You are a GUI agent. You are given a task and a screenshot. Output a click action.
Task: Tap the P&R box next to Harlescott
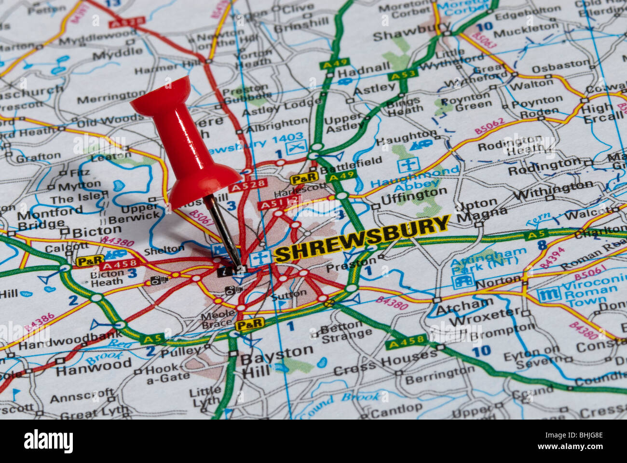304,178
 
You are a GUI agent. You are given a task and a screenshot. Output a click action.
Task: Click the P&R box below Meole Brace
249,325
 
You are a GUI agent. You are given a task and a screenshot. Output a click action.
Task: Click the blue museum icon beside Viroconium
548,294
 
